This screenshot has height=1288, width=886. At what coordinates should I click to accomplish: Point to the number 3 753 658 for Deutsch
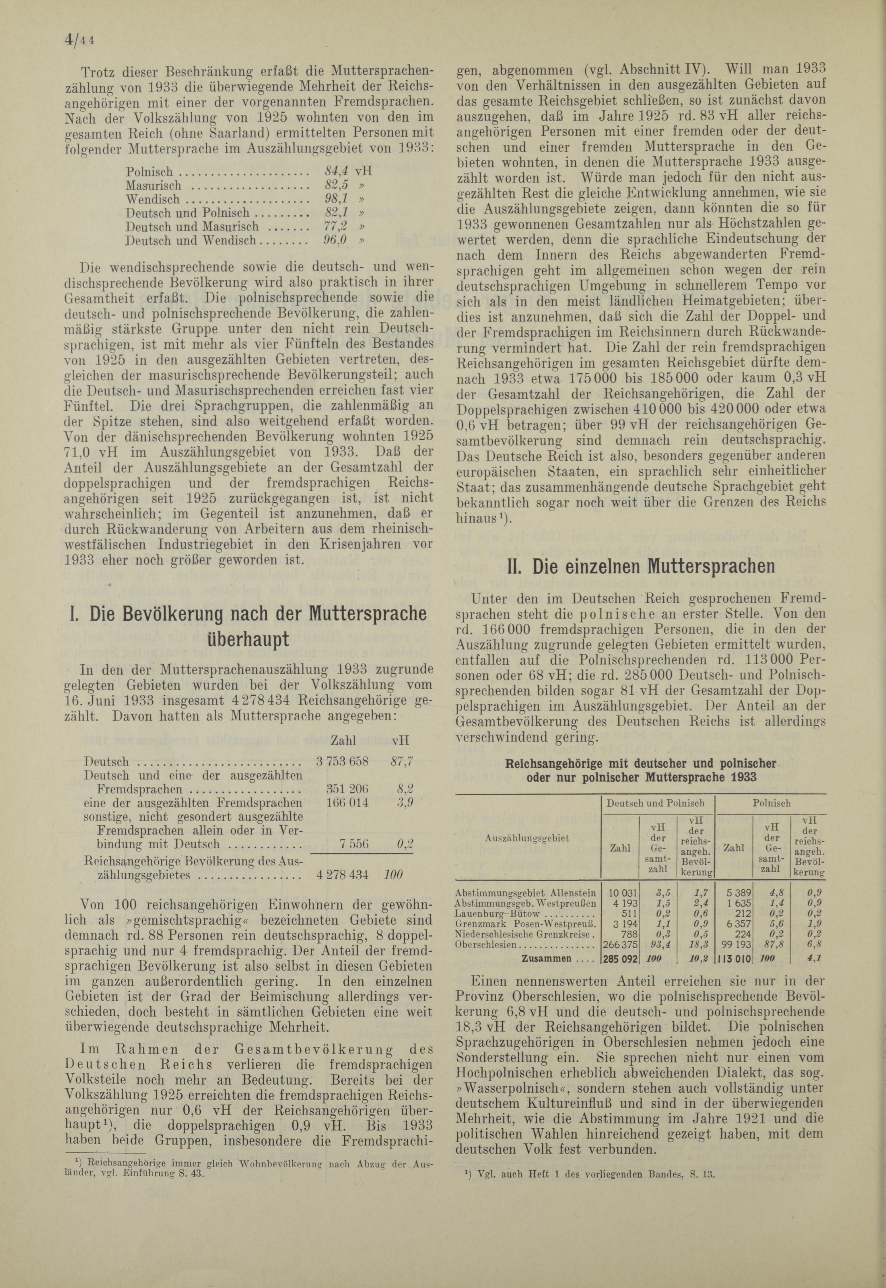(343, 762)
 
